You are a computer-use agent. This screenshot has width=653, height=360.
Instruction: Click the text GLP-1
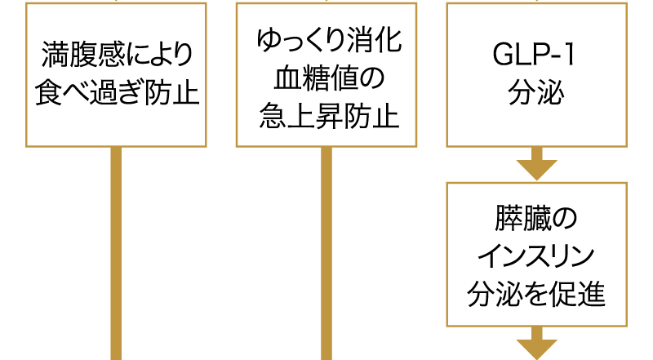[x=534, y=55]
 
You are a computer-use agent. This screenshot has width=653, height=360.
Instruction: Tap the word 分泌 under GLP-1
[x=536, y=92]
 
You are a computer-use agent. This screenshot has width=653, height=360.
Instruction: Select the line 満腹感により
[x=117, y=55]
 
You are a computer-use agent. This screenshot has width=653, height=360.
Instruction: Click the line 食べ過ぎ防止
[x=117, y=92]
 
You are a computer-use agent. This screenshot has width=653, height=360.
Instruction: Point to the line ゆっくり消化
[x=329, y=41]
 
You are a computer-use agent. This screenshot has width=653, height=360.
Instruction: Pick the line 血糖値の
[x=329, y=78]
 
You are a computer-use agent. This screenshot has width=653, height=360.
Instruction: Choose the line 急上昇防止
[x=329, y=115]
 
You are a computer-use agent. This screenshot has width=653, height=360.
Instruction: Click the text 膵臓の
[x=536, y=218]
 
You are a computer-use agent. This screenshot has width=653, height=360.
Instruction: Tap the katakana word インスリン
[x=536, y=256]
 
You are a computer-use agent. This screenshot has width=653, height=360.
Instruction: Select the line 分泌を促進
[x=536, y=293]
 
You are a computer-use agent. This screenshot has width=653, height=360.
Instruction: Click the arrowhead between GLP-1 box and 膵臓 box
[x=537, y=170]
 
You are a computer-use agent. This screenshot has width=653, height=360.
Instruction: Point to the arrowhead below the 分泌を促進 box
[x=537, y=349]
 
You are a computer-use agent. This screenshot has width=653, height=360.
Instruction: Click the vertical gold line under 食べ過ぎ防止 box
[x=116, y=253]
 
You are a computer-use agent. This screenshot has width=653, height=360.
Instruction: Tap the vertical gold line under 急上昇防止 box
[x=326, y=253]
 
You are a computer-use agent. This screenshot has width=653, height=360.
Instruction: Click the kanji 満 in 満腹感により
[x=55, y=55]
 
